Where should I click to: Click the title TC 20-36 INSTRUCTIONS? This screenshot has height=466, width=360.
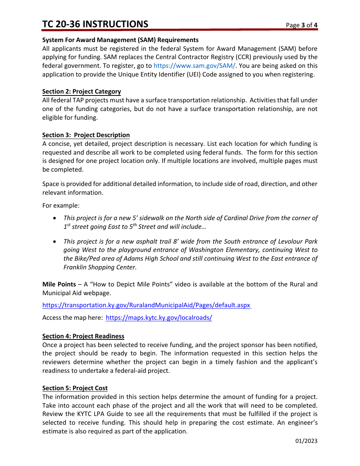(x=95, y=24)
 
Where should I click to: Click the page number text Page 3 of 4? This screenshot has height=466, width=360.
(x=302, y=25)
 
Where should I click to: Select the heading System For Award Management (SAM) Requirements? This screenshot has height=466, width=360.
(x=120, y=40)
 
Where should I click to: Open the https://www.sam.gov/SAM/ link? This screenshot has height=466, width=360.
(x=194, y=66)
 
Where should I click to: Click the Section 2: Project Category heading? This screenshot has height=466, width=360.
(x=81, y=92)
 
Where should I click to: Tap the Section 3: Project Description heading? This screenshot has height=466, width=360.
(x=86, y=135)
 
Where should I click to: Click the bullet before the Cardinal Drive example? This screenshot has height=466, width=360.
(x=55, y=218)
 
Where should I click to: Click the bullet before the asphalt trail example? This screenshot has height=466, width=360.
(x=55, y=242)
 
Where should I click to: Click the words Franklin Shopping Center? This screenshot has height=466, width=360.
(x=100, y=267)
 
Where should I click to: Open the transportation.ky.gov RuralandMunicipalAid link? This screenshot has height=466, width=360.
(x=146, y=305)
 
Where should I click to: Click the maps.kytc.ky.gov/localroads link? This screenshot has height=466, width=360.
(x=159, y=318)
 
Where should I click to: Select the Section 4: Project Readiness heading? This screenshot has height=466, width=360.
(x=83, y=336)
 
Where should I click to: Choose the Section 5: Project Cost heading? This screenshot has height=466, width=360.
(x=75, y=388)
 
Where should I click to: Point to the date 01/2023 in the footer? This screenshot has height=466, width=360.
(x=306, y=441)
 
